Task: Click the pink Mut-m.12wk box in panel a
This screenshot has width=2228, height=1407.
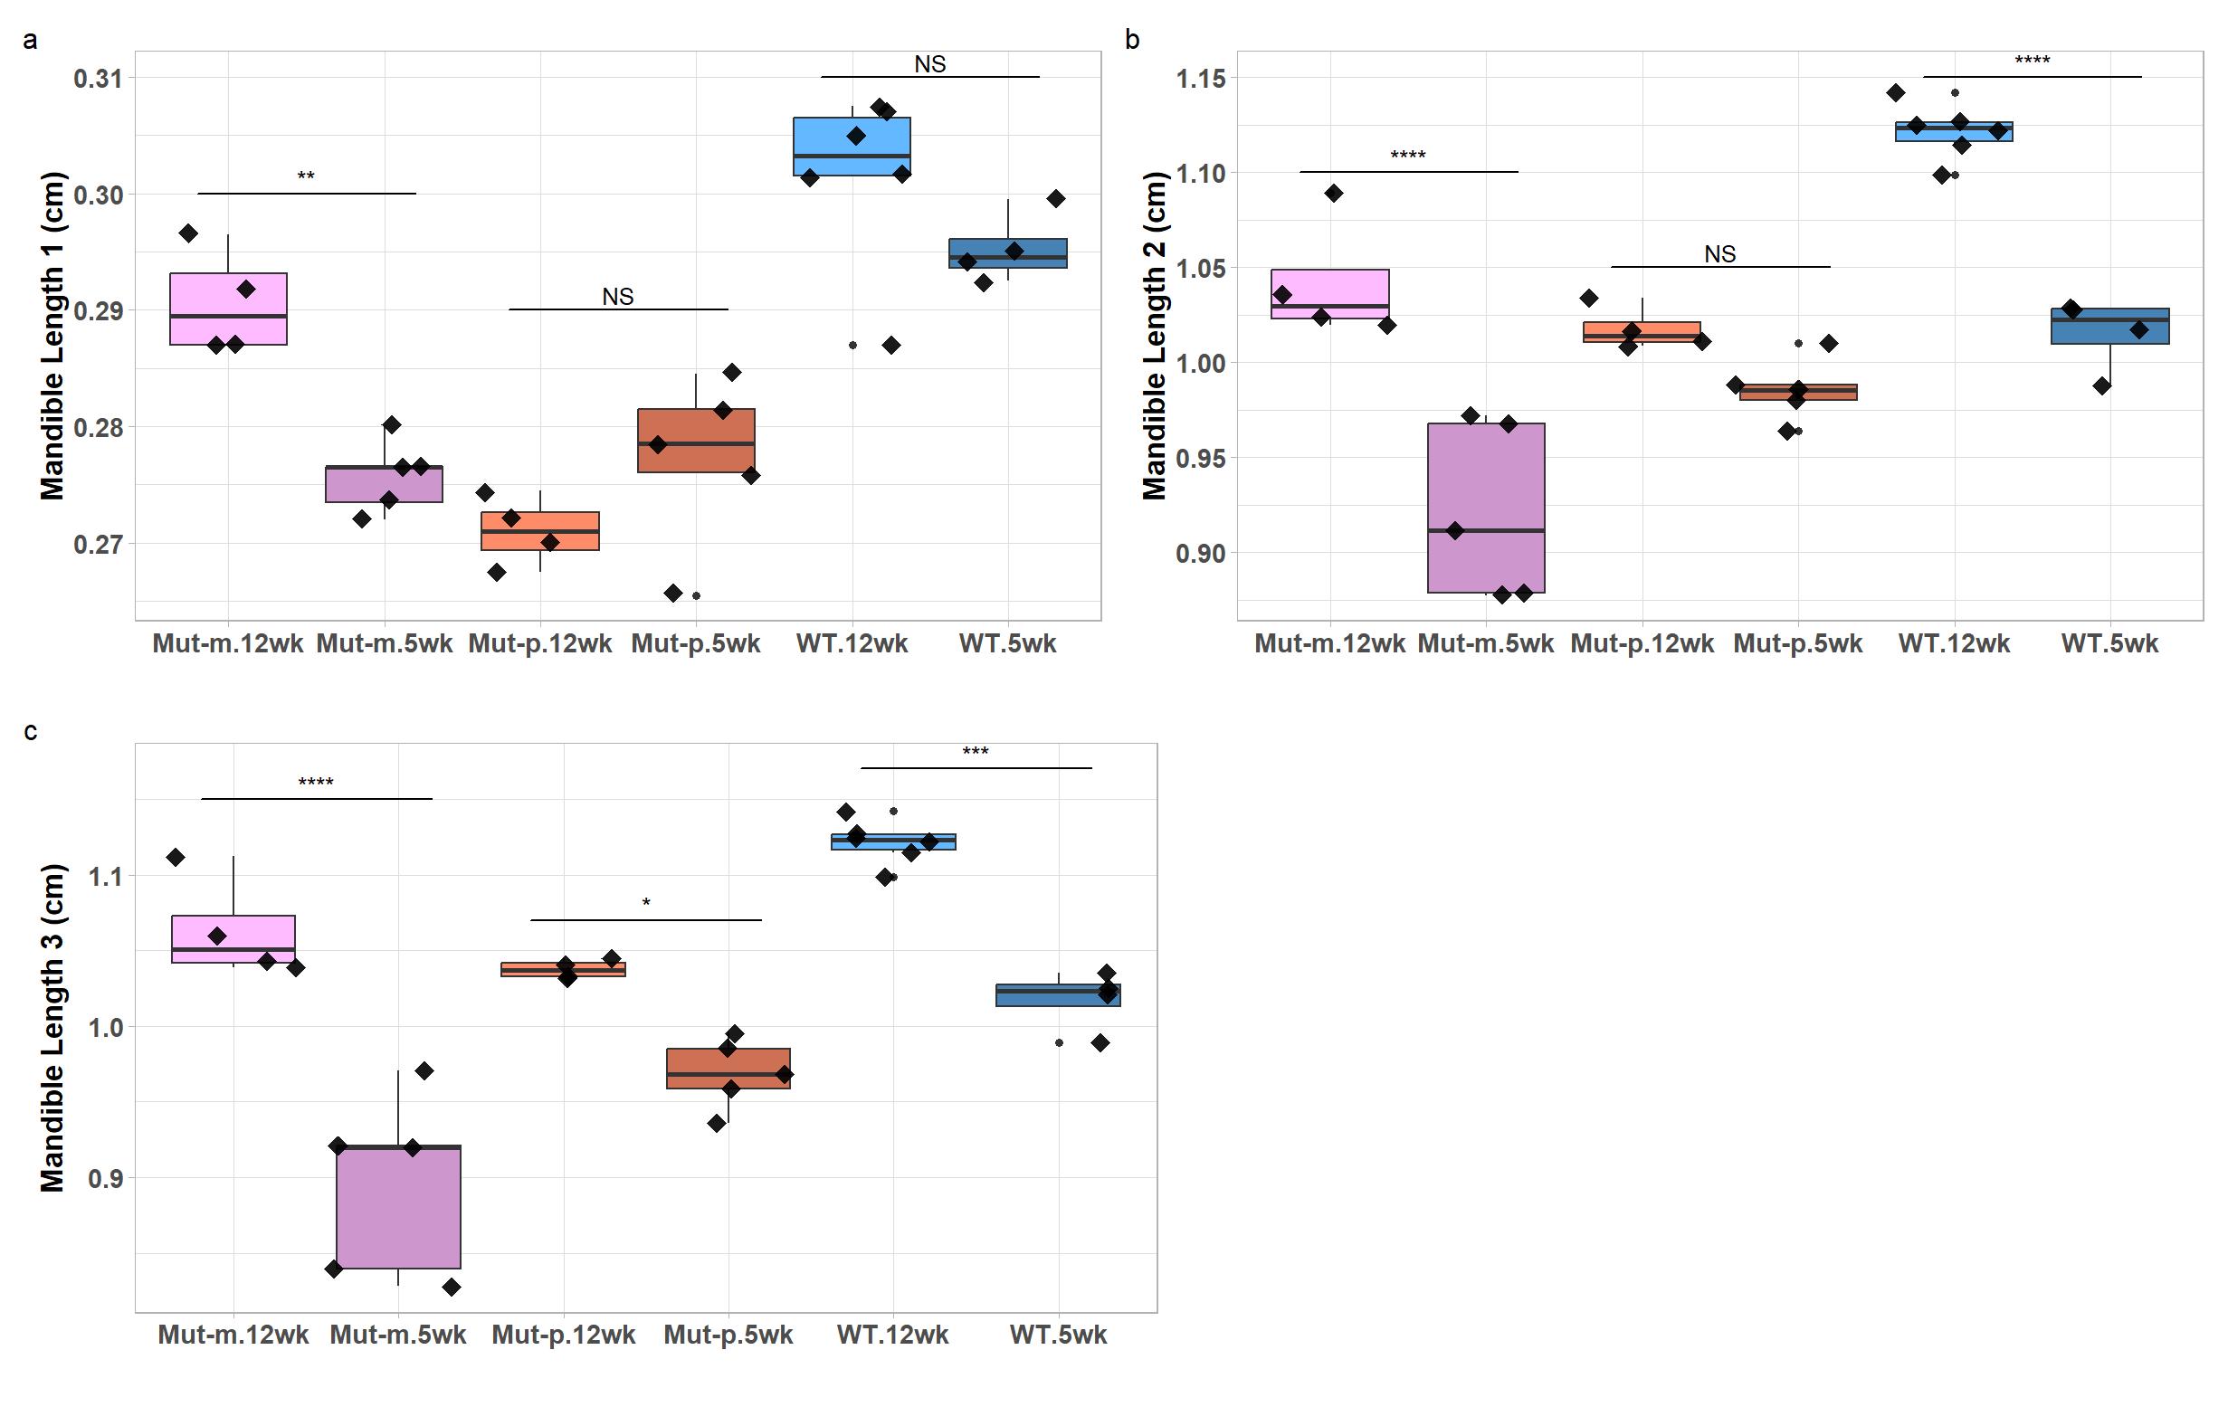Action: [229, 308]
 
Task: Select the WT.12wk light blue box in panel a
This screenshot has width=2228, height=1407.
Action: [852, 147]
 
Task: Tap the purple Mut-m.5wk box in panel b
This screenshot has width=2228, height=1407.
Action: [1486, 507]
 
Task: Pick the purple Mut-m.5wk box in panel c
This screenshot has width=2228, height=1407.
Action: [398, 1206]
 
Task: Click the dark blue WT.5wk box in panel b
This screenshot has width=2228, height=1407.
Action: [2109, 326]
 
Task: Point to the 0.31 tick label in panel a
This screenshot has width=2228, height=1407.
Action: [97, 79]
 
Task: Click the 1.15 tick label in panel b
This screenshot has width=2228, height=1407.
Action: [1200, 79]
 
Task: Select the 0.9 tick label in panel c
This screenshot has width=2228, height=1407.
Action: [105, 1178]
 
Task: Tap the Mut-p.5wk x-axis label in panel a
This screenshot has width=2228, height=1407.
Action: [696, 644]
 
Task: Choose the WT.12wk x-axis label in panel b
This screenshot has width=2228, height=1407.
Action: [1954, 644]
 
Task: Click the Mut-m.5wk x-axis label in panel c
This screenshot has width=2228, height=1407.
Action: [398, 1335]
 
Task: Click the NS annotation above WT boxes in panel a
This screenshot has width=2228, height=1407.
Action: [930, 64]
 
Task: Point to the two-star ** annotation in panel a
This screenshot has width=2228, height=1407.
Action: [305, 176]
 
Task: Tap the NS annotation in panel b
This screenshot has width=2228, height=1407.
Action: [1720, 253]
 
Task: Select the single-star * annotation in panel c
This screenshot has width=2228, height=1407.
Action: [646, 903]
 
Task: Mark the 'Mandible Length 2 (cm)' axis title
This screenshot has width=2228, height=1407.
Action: [1154, 335]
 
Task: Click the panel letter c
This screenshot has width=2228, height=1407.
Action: [31, 732]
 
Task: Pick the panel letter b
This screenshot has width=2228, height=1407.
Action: [1132, 40]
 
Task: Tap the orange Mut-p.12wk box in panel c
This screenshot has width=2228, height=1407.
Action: [563, 969]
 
